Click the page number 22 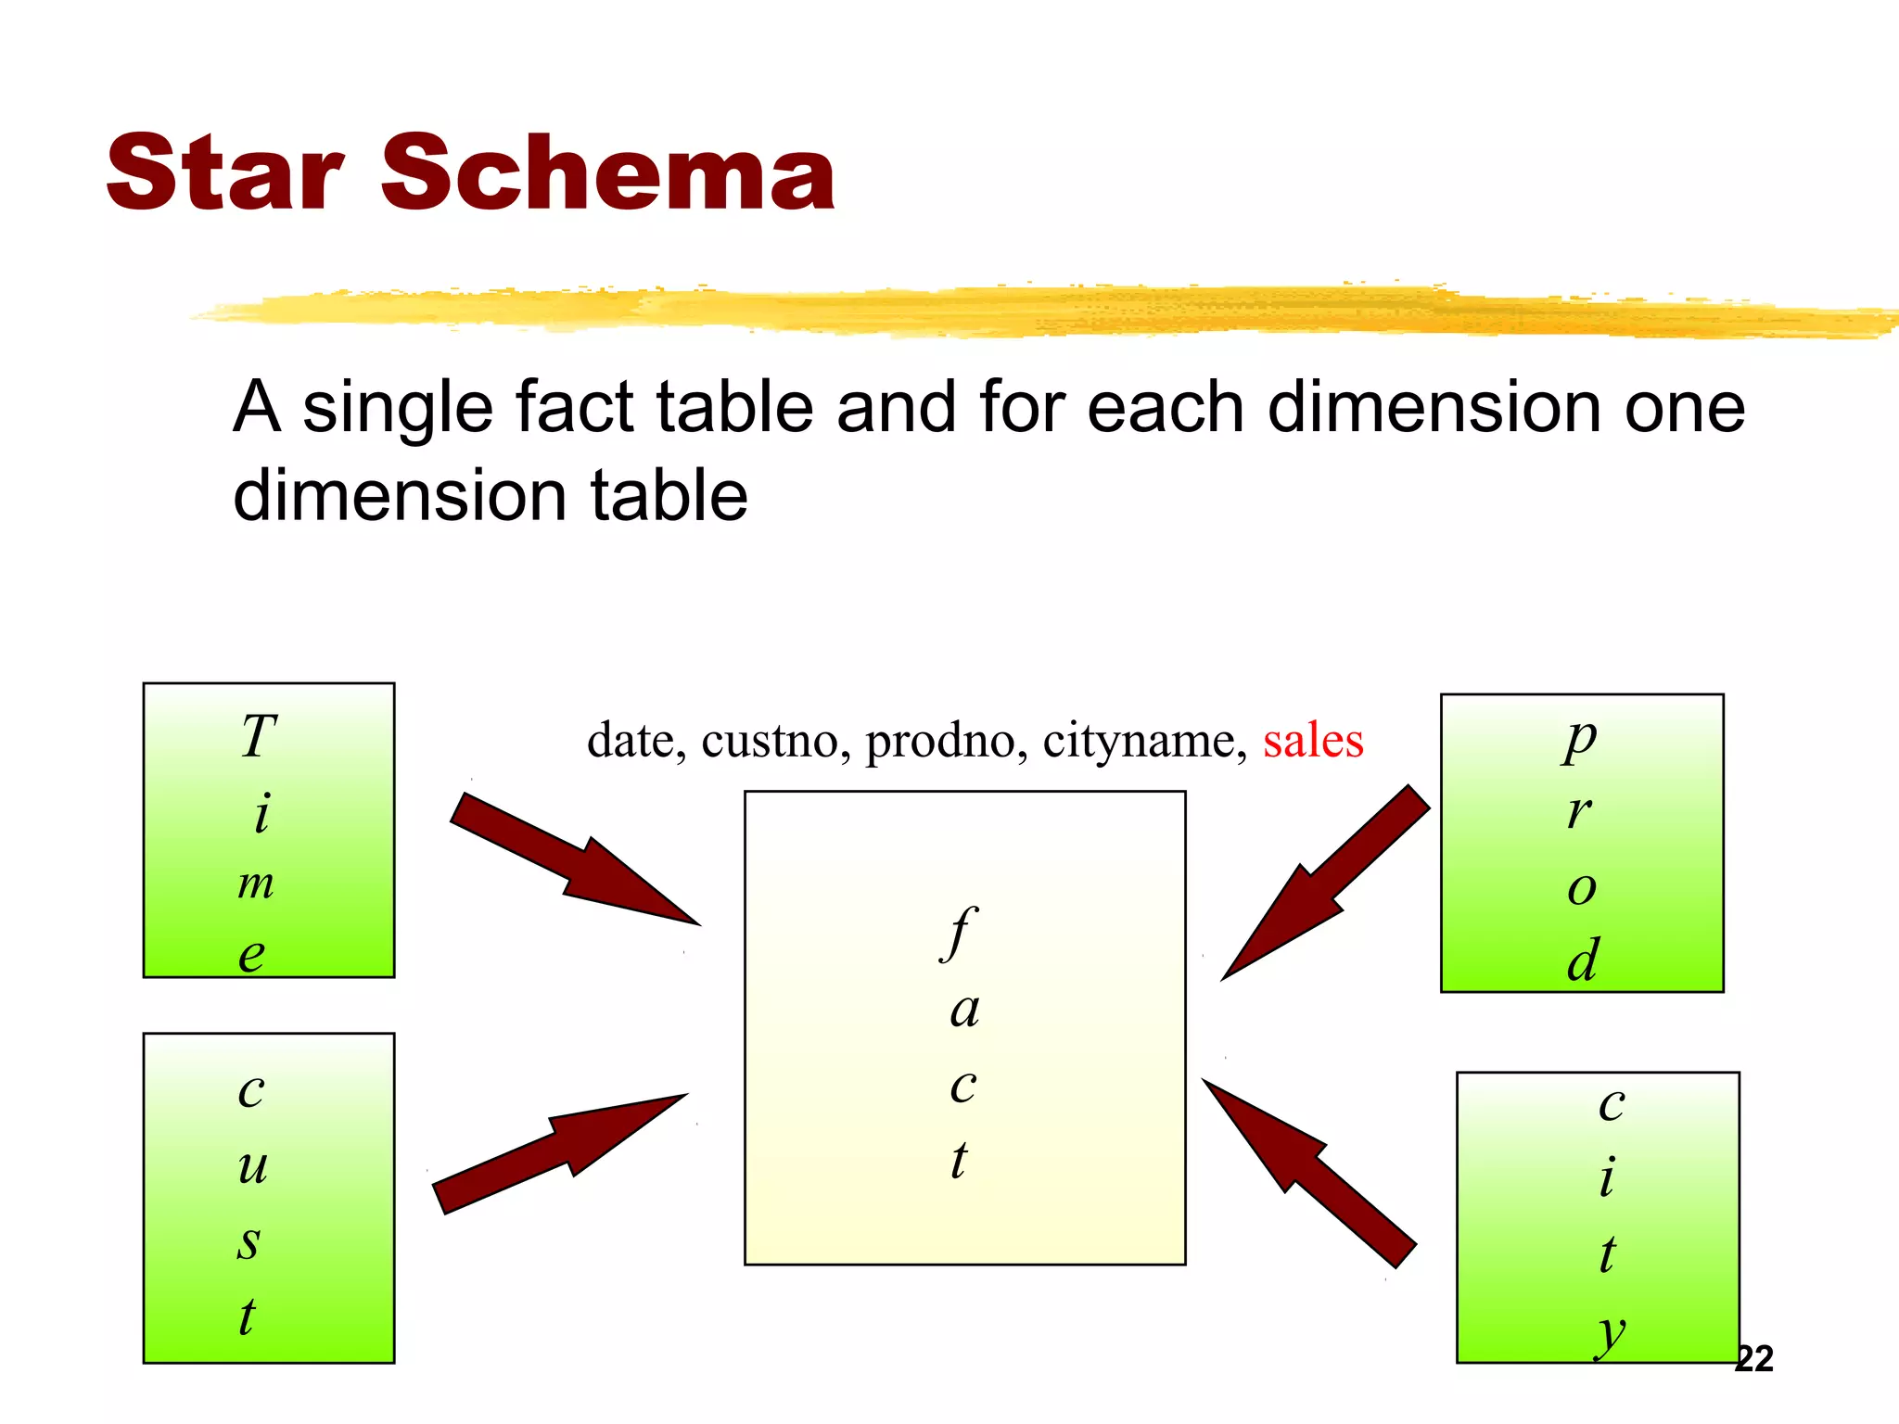point(1753,1359)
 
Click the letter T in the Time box point(259,737)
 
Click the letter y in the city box point(1612,1333)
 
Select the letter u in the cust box point(252,1166)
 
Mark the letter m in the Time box point(255,884)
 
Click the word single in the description point(396,408)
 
